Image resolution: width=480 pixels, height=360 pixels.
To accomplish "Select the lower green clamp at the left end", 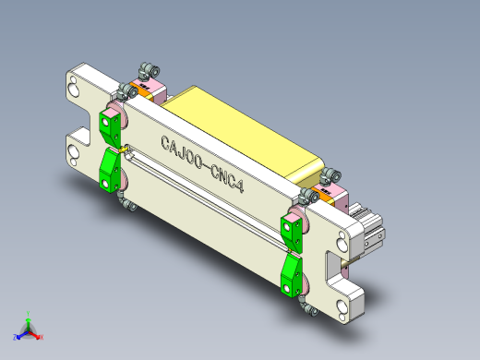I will (x=110, y=172).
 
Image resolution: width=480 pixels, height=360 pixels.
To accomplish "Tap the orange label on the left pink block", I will (x=140, y=90).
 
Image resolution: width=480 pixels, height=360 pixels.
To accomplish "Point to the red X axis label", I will (x=42, y=337).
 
